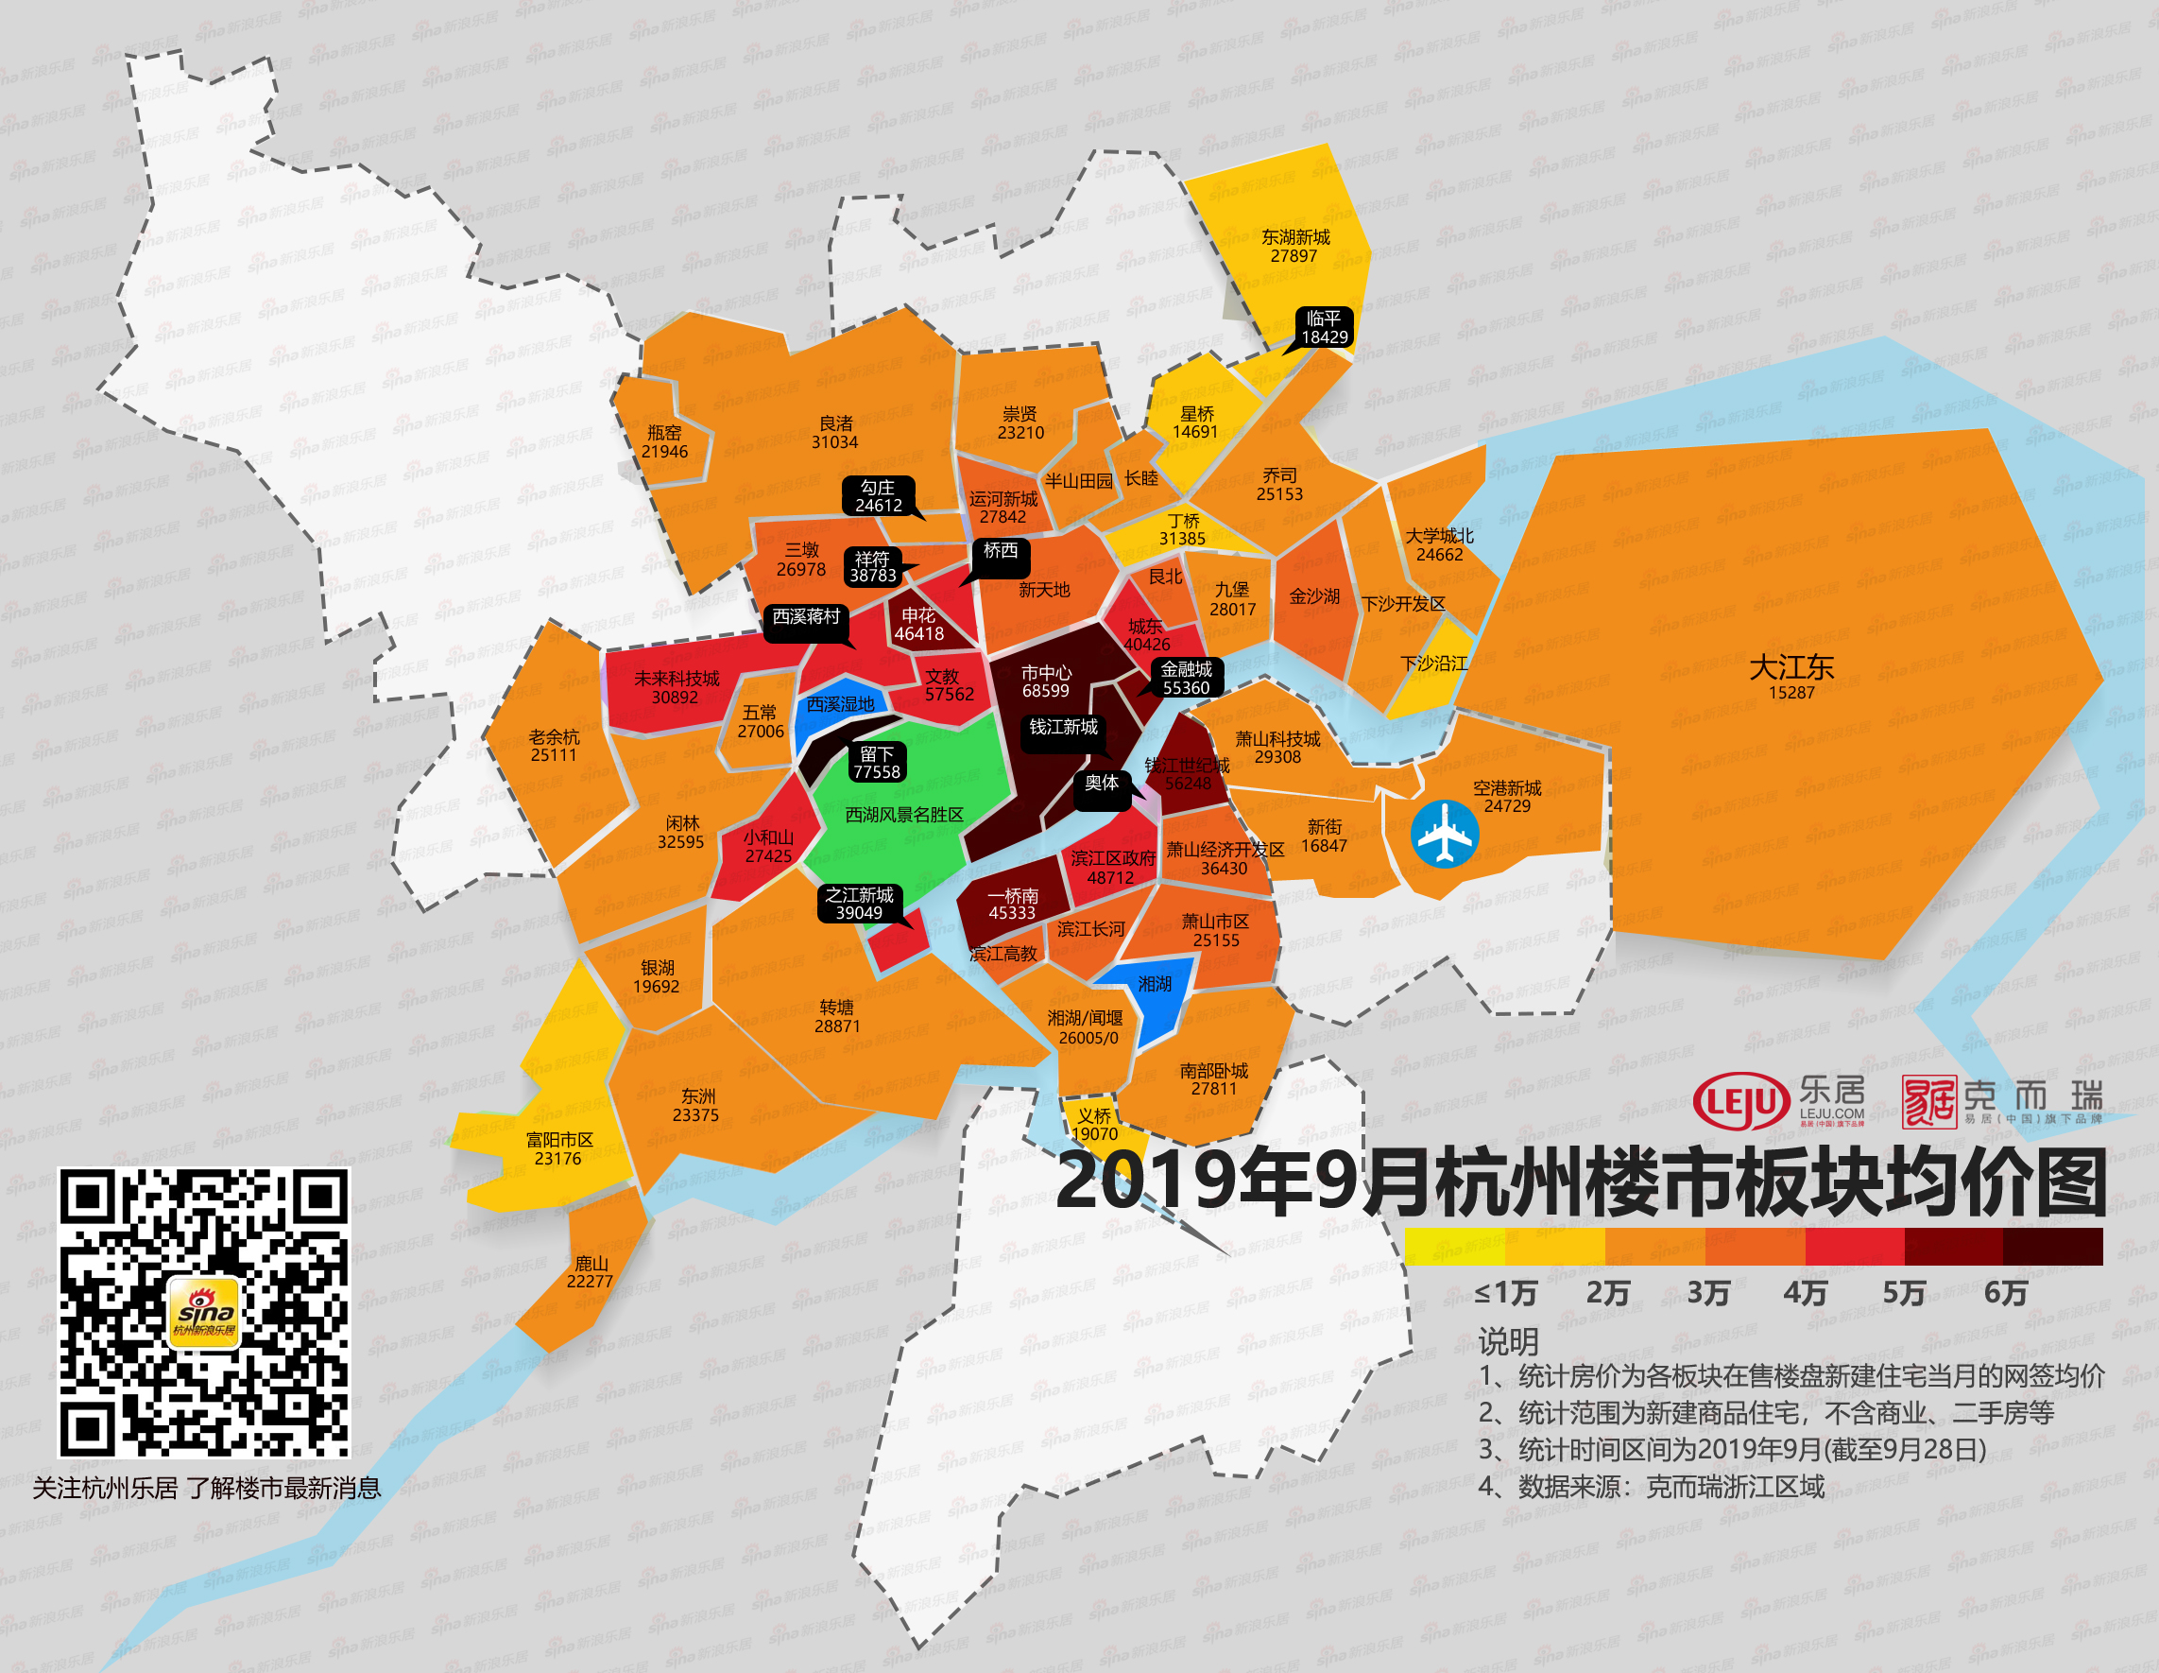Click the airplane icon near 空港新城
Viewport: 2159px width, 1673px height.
[x=1445, y=834]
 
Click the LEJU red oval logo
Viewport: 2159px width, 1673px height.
[x=1740, y=1100]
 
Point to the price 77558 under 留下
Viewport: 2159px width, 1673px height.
[x=876, y=772]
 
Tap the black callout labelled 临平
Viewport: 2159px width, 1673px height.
[x=1324, y=327]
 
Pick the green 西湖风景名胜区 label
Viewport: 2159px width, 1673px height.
[x=903, y=815]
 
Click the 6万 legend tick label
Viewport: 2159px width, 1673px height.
[x=2005, y=1292]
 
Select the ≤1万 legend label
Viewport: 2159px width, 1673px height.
[x=1504, y=1292]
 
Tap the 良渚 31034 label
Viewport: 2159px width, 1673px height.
[x=835, y=432]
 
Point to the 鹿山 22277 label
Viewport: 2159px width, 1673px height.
[x=591, y=1271]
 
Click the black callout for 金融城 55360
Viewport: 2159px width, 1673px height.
[x=1185, y=679]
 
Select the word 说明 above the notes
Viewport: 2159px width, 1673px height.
[x=1508, y=1342]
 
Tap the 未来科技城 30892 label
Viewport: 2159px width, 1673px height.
[x=677, y=687]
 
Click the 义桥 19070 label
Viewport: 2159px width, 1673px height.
[x=1094, y=1124]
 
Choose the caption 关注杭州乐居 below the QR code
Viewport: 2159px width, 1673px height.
[x=106, y=1488]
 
